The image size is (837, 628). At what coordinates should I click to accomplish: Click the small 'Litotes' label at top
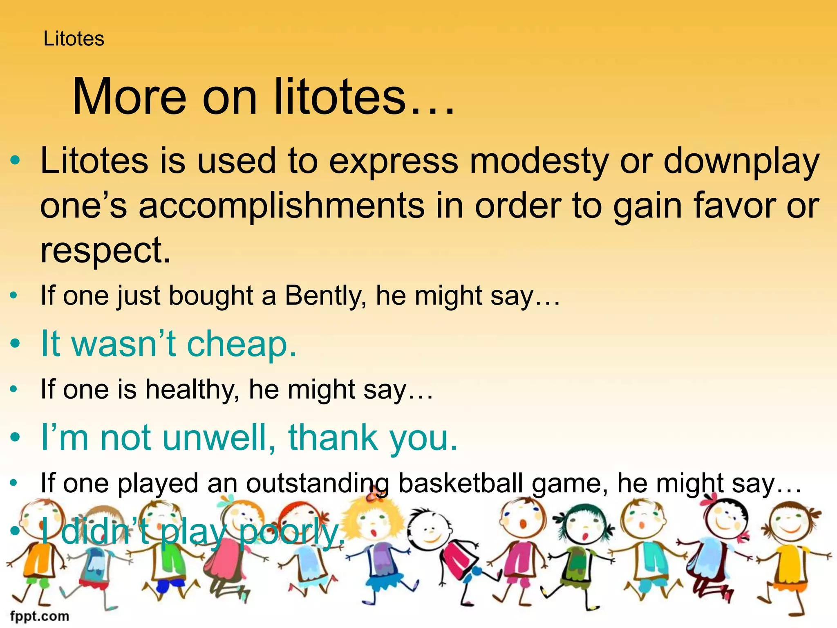pos(74,39)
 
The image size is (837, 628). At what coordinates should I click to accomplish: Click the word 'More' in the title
pos(129,97)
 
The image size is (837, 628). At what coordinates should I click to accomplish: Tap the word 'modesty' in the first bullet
pos(539,161)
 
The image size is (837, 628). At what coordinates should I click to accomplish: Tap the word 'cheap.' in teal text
pos(242,344)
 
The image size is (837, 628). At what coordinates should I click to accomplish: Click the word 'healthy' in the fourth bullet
pos(192,389)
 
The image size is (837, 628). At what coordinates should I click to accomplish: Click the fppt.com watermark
pos(40,616)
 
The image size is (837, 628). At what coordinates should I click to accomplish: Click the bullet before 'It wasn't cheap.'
pos(15,344)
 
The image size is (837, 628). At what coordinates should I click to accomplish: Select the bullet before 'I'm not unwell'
pos(15,437)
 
